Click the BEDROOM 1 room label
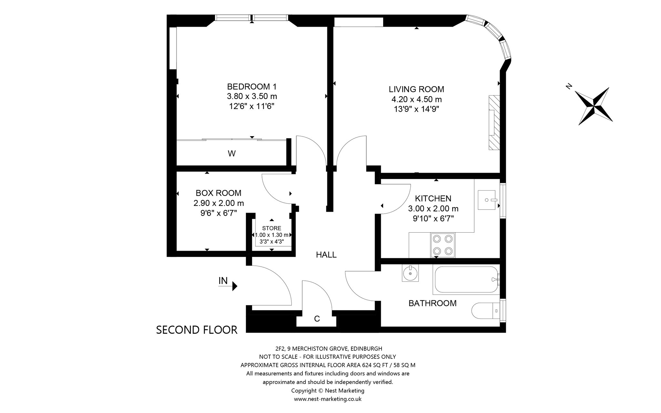click(x=252, y=86)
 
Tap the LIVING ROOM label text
click(x=416, y=89)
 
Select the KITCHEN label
click(x=433, y=198)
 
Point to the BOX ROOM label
click(x=219, y=193)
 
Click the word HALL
click(x=326, y=255)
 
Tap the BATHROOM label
click(x=432, y=303)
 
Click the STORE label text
click(x=272, y=228)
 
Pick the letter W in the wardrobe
click(x=232, y=154)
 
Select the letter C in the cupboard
click(x=317, y=319)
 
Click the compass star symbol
click(x=594, y=106)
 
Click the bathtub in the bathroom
click(x=467, y=279)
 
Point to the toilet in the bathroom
click(x=486, y=311)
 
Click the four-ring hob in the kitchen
click(x=442, y=245)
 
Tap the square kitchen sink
click(x=487, y=200)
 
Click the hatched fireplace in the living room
click(x=494, y=122)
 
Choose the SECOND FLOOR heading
click(x=197, y=330)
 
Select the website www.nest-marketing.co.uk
click(x=328, y=399)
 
